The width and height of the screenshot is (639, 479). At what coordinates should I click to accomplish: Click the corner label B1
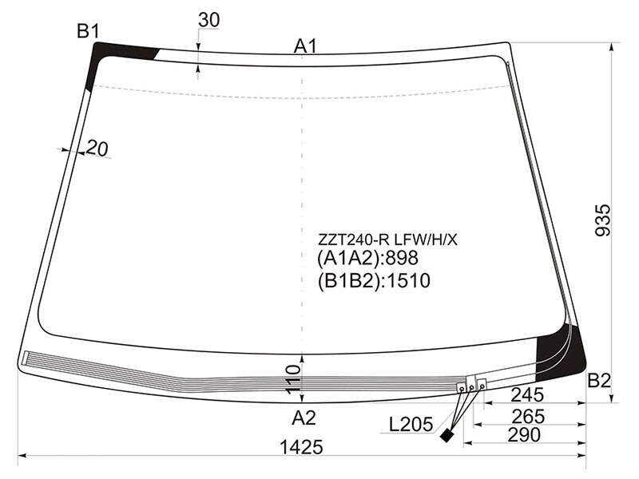click(x=88, y=31)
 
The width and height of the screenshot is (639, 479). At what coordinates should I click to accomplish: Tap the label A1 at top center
click(x=305, y=46)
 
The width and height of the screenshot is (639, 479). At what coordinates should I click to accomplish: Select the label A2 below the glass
click(x=304, y=418)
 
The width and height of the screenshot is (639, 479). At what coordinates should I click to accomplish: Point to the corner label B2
click(x=599, y=381)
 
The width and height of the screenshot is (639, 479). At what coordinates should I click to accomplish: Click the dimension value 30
click(x=208, y=20)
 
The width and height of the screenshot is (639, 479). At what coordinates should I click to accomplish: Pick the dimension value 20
click(x=97, y=148)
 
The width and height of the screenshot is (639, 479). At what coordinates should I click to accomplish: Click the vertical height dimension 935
click(x=603, y=220)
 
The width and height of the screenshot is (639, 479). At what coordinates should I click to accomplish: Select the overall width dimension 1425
click(x=302, y=447)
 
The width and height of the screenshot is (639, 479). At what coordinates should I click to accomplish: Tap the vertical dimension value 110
click(x=293, y=379)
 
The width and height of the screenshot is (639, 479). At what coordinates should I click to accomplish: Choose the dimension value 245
click(x=527, y=394)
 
